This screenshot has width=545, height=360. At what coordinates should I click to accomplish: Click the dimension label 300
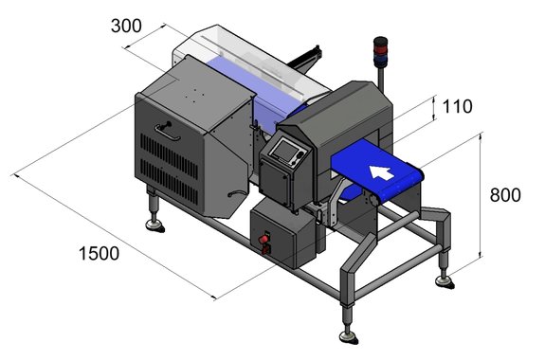126,27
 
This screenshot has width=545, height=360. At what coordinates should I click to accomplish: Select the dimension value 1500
100,253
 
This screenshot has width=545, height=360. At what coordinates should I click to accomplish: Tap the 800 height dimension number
505,195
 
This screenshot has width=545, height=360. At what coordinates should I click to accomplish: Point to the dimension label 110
457,106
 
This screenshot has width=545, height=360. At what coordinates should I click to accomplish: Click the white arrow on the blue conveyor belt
381,172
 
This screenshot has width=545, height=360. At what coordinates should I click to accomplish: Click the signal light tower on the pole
380,51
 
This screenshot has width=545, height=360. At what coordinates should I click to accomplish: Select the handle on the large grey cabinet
167,131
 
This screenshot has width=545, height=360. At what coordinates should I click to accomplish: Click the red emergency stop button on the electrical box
263,239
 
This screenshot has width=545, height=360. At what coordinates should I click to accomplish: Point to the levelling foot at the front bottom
348,336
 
